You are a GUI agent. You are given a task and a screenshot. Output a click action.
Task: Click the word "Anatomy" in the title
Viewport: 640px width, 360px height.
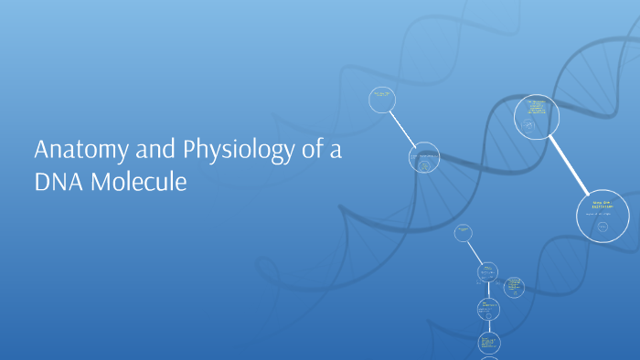(75, 151)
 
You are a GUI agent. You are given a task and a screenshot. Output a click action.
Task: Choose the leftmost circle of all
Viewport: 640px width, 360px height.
(382, 99)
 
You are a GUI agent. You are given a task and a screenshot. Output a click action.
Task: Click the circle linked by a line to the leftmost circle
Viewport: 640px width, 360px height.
(423, 157)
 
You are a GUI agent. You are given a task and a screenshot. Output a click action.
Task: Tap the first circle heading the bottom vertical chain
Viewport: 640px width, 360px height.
(463, 234)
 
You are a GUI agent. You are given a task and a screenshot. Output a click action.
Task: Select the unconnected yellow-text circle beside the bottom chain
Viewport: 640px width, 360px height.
(514, 287)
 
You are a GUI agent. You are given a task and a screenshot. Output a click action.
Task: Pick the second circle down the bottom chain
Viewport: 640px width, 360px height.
(487, 272)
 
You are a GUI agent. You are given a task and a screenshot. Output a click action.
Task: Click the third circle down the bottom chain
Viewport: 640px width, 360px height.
(488, 309)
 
